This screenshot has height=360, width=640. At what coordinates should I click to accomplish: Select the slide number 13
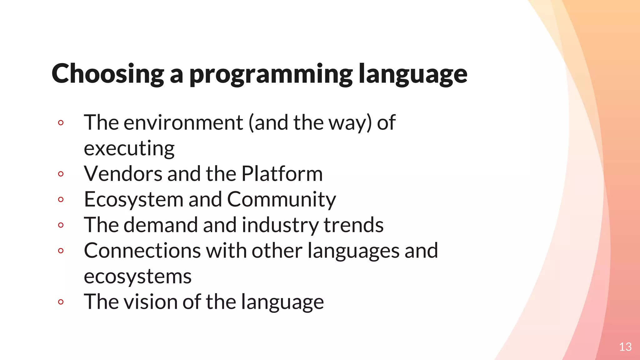(x=625, y=347)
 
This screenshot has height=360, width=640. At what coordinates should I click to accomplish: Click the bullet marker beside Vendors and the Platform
(x=61, y=174)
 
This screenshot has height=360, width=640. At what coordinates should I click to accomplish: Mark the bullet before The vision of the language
(x=61, y=302)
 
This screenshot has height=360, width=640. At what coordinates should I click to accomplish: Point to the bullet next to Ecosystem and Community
(x=61, y=199)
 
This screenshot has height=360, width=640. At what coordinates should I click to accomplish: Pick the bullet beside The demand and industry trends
(x=61, y=225)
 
